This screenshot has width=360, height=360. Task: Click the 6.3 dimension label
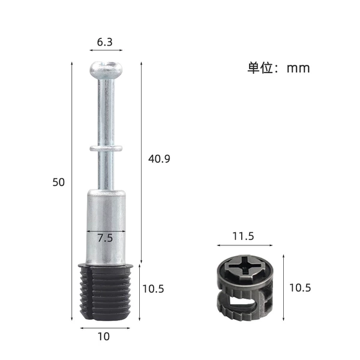click(x=104, y=42)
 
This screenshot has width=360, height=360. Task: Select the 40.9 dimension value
click(x=159, y=159)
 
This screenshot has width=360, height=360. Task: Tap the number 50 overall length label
click(x=59, y=182)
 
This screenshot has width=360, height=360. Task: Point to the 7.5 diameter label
click(x=105, y=238)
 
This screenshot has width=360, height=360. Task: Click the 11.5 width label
click(x=244, y=236)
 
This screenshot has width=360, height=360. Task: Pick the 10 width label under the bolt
click(x=104, y=337)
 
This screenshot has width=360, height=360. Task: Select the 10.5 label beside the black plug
click(x=153, y=289)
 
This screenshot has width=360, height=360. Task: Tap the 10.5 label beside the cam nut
click(x=300, y=288)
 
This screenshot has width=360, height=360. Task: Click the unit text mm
click(x=298, y=68)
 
